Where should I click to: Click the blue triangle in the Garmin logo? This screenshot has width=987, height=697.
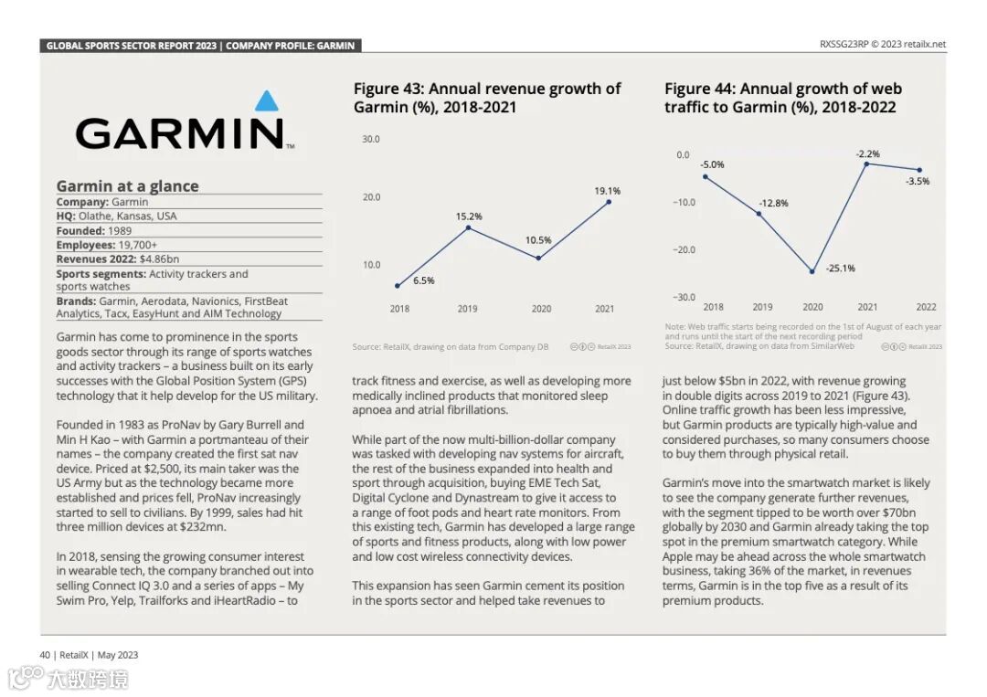tap(265, 100)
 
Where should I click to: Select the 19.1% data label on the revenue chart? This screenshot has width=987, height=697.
tap(608, 191)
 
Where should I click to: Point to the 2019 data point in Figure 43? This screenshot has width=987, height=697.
tap(468, 227)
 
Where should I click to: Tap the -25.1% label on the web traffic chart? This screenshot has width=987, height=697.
tap(840, 269)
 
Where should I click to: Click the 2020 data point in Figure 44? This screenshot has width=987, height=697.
tap(812, 271)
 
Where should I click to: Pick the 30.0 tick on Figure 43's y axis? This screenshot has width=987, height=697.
tap(371, 140)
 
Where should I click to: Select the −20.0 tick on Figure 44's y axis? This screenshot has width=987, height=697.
tap(684, 250)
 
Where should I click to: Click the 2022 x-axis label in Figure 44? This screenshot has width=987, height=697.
tap(926, 307)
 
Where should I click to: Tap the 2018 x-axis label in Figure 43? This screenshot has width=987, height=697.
tap(399, 309)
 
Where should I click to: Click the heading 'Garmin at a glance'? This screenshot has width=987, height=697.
tap(127, 186)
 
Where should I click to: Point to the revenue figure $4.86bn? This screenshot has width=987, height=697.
tap(160, 259)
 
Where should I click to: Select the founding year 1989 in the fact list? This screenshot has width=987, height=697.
tap(119, 231)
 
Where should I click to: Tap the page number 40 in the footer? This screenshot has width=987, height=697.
tap(44, 655)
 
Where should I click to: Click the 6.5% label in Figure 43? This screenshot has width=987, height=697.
tap(423, 280)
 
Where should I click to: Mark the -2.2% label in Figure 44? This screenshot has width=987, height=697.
tap(867, 154)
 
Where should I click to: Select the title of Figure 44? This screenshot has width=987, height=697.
tap(782, 98)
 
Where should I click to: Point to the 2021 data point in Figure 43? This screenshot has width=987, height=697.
tap(609, 202)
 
